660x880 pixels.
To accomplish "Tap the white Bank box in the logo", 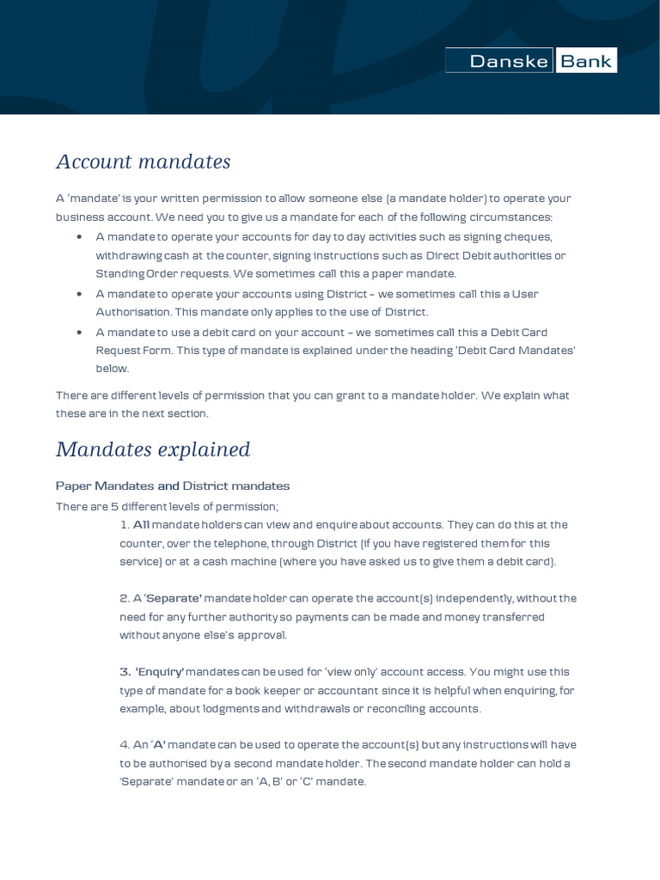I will (x=586, y=61).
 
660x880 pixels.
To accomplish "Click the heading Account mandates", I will (x=144, y=162).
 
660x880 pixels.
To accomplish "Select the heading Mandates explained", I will (x=153, y=449).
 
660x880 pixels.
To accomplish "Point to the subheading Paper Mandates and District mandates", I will (x=173, y=486).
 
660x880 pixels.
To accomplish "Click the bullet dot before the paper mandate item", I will (x=79, y=237).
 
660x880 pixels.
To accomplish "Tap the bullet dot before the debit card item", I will (x=79, y=333).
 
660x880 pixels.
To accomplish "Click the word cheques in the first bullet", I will (x=531, y=236).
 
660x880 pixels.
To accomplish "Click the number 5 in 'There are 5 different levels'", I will (x=114, y=506).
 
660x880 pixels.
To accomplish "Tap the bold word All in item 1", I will (x=141, y=524).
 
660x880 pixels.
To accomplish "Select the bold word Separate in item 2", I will (x=174, y=598).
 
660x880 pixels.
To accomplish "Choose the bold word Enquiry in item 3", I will (x=160, y=672).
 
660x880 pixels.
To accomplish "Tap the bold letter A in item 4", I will (x=158, y=745).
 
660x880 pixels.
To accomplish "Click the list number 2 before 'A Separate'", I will (x=124, y=598).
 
